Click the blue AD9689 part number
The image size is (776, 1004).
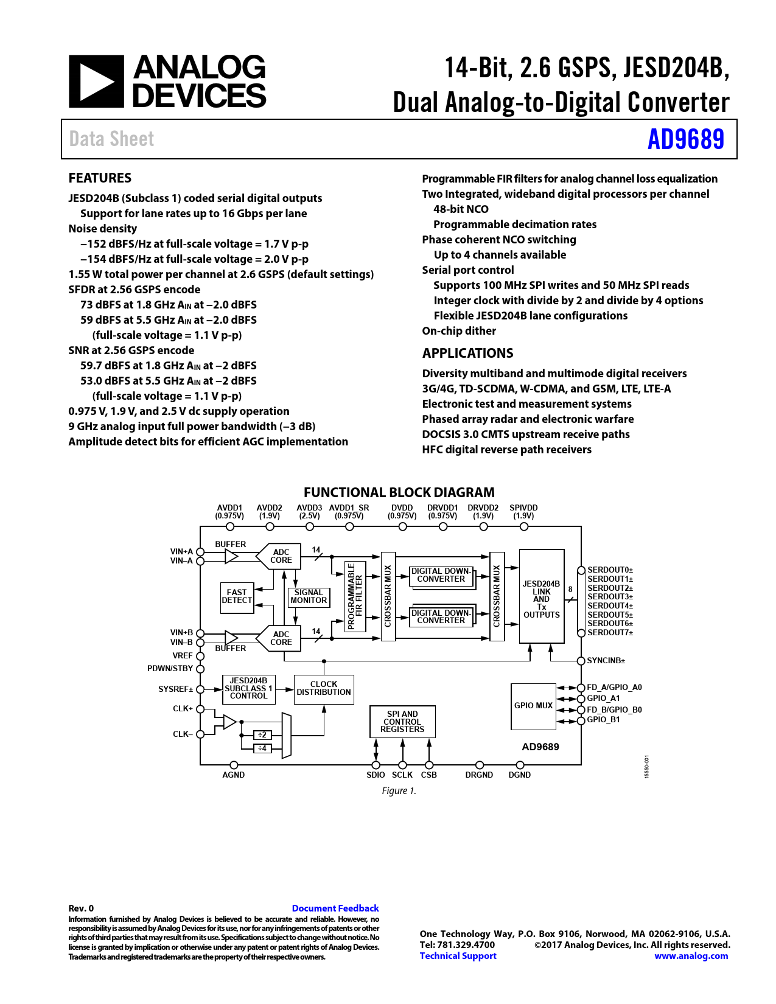coord(686,139)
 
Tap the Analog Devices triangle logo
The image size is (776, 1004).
coord(96,82)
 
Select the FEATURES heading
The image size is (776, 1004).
coord(100,178)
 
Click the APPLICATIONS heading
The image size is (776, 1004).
coord(467,353)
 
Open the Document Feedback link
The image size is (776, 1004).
coord(335,908)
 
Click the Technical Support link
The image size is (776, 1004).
coord(458,955)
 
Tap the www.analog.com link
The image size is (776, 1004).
coord(691,955)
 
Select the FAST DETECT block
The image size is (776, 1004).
coord(237,598)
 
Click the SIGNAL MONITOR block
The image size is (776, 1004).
coord(309,597)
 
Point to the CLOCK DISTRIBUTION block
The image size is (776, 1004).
coord(324,689)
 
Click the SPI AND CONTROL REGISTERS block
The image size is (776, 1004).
coord(402,721)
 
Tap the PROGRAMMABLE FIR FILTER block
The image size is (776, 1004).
coord(355,596)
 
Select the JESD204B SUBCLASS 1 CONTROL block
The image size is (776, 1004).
coord(249,689)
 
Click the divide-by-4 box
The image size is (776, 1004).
coord(262,748)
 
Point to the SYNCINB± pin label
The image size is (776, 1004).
coord(606,661)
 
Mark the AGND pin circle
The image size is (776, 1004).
coord(234,765)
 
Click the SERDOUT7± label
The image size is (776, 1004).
coord(610,633)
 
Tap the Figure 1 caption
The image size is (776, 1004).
coord(399,790)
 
